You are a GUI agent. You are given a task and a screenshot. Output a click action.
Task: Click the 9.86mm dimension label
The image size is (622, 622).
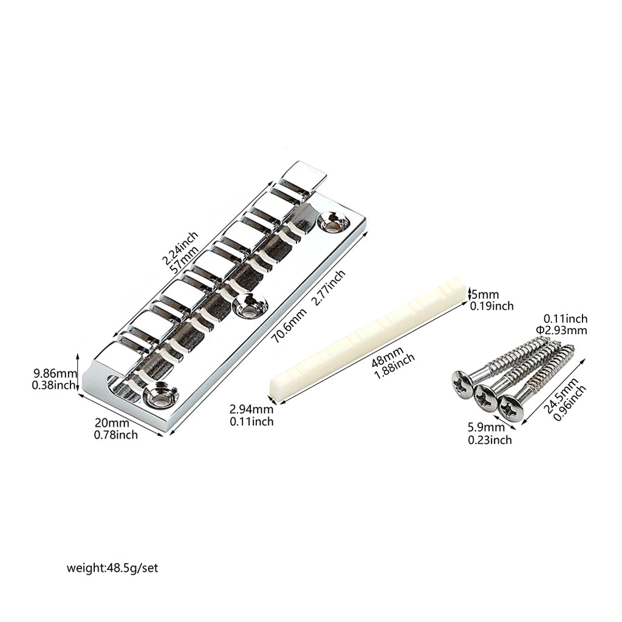[55, 373]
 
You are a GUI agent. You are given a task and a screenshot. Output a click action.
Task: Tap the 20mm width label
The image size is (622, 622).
[112, 423]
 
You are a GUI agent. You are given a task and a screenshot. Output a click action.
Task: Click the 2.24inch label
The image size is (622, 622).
[179, 248]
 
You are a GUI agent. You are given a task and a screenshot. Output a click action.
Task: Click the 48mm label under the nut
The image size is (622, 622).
[387, 356]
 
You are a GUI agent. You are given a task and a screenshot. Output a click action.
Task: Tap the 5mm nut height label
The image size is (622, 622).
[484, 295]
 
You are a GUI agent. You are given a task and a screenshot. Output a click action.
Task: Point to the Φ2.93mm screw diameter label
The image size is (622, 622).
[561, 330]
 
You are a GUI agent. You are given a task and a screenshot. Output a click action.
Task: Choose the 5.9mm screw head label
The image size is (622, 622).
[486, 427]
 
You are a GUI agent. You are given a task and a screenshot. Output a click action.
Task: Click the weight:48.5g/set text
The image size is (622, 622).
[112, 568]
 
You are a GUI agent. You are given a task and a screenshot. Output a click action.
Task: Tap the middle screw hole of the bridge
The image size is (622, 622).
[250, 305]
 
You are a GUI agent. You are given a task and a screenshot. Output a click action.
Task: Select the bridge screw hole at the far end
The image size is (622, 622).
[333, 222]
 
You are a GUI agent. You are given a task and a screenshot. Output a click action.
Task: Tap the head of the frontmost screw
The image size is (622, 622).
[511, 408]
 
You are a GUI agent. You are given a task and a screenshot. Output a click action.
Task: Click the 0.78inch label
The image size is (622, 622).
[116, 435]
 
